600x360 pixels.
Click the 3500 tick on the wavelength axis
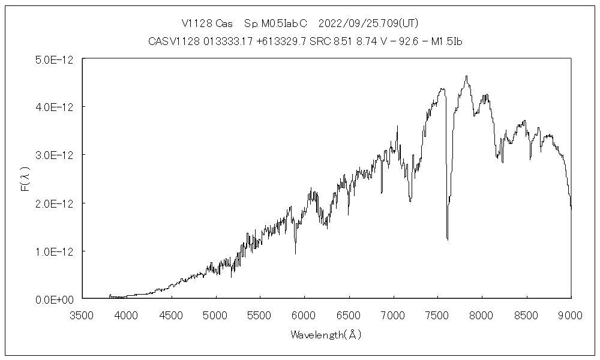(x=82, y=314)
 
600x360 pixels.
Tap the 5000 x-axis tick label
(x=215, y=314)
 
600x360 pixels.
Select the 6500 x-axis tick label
(x=349, y=314)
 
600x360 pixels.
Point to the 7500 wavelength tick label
(x=437, y=314)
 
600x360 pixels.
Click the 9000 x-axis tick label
(x=571, y=314)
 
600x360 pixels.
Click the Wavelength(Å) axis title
(x=326, y=335)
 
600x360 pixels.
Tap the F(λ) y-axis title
(x=25, y=179)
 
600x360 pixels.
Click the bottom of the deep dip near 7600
(x=448, y=239)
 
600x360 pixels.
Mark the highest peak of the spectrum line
(x=467, y=76)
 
